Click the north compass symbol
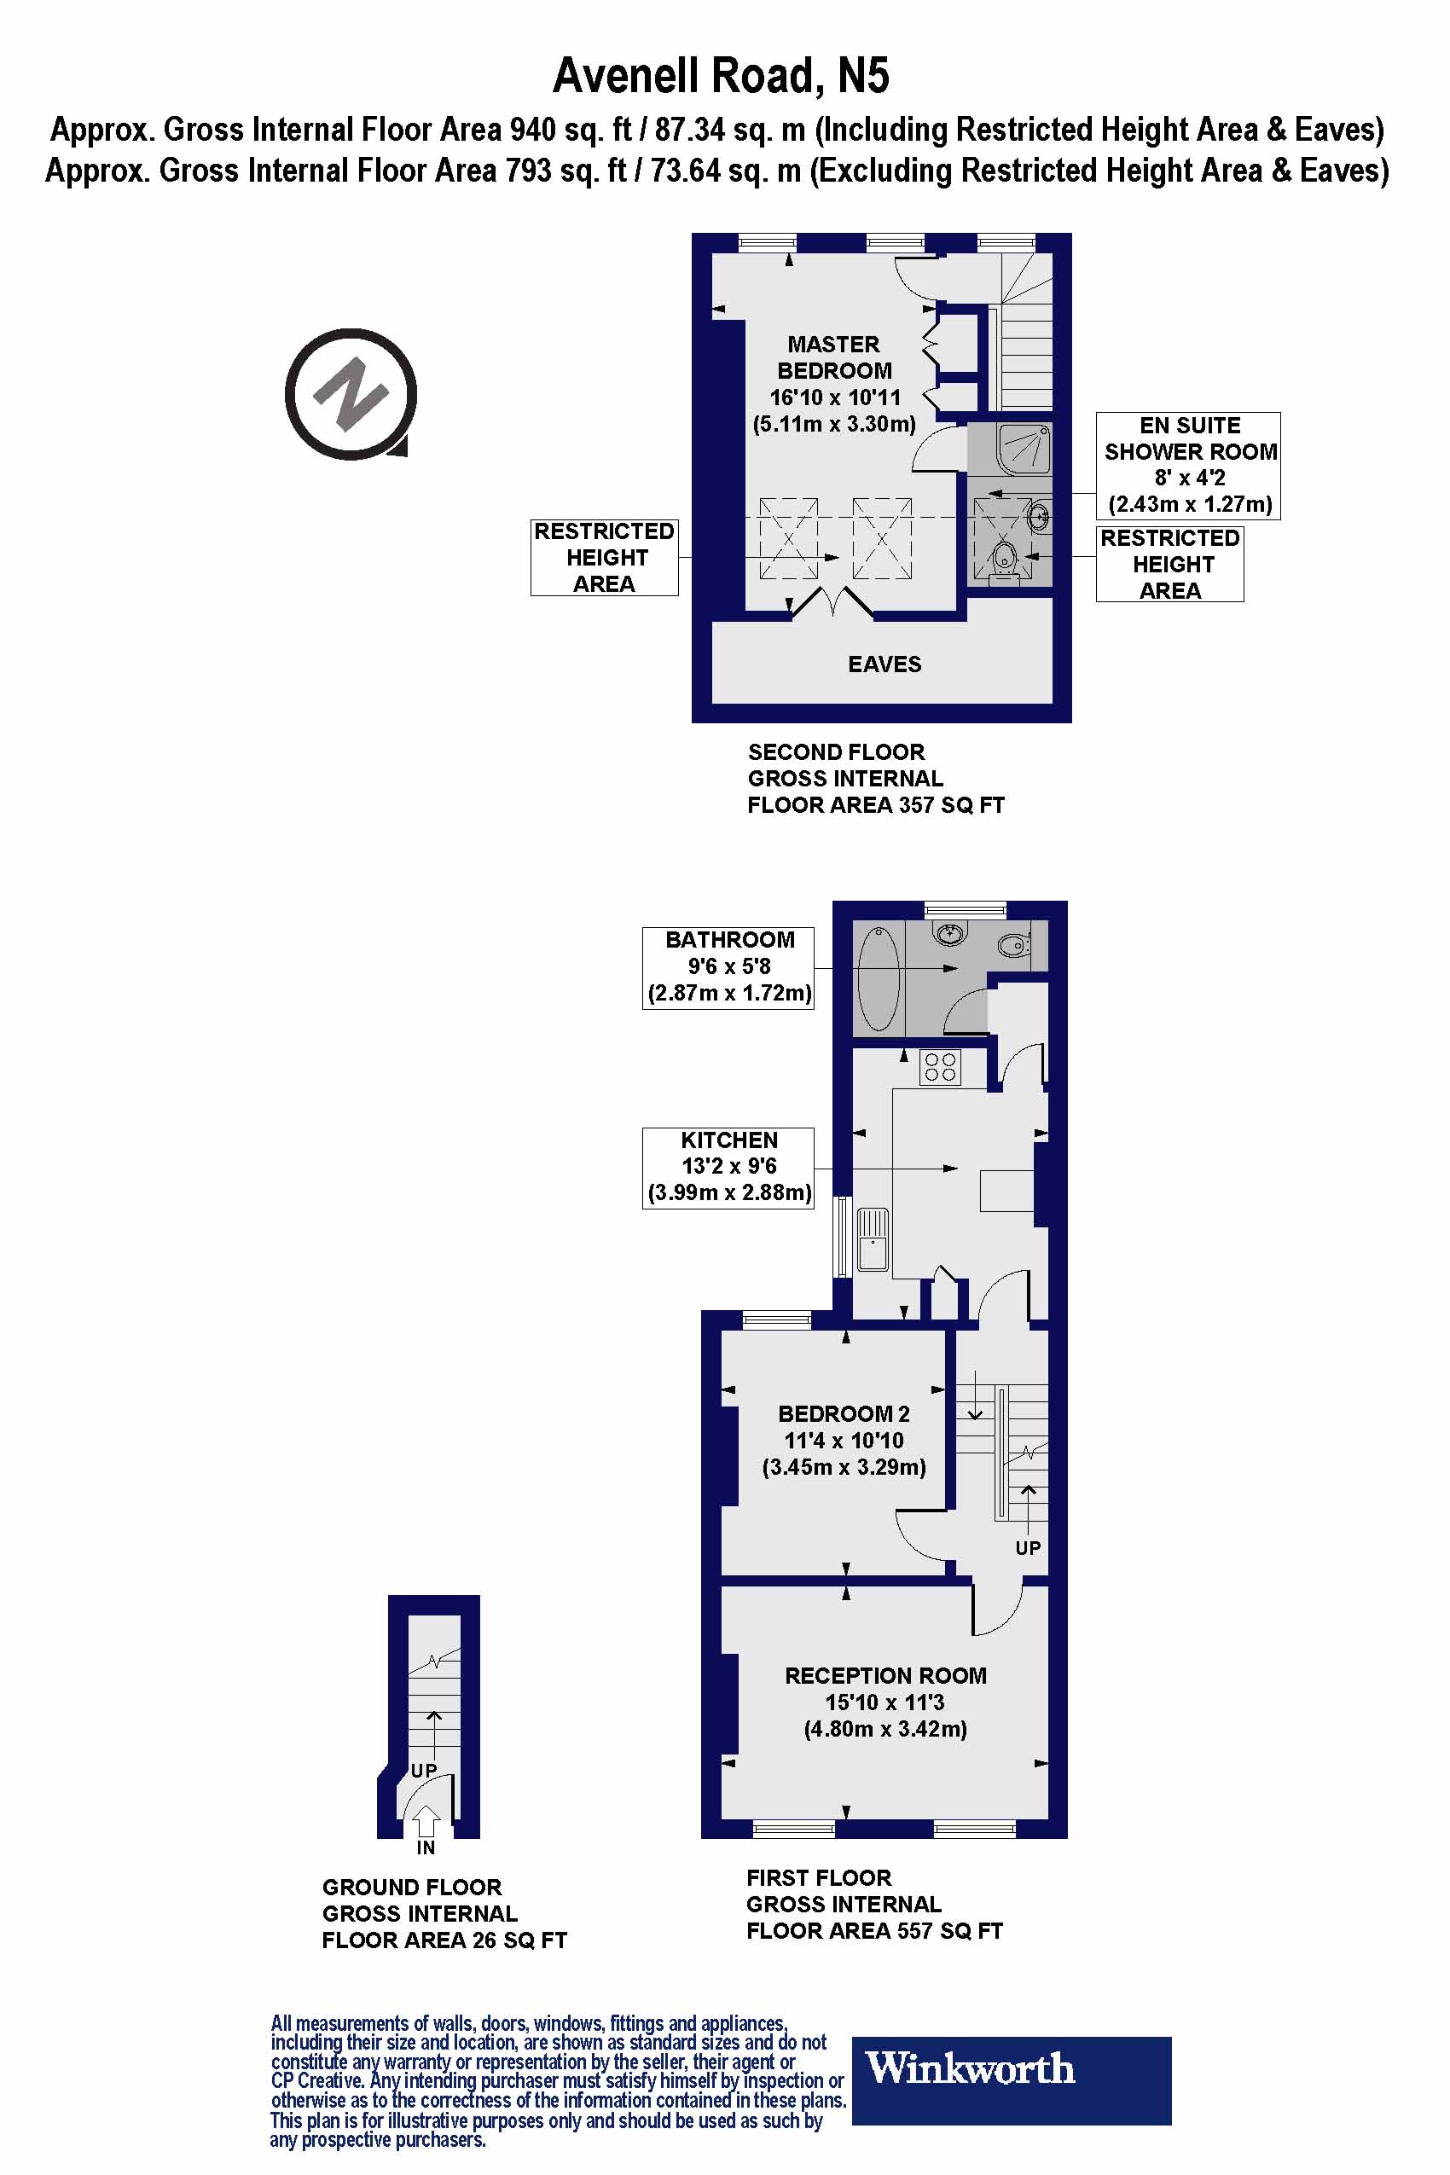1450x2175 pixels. (351, 394)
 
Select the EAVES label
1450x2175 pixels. (884, 664)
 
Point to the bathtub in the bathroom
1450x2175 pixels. (878, 978)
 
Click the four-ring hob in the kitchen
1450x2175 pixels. (940, 1066)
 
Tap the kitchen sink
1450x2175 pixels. (872, 1239)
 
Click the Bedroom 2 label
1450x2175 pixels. (844, 1414)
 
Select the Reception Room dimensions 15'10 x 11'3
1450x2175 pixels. (885, 1702)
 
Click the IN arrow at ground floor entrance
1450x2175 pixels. (426, 1822)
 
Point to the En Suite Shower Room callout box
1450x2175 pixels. (1187, 465)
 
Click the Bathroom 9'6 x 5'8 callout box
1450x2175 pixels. (728, 967)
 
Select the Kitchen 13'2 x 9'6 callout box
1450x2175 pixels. (728, 1167)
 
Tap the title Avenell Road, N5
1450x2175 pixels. (721, 76)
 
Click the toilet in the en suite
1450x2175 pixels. (1004, 560)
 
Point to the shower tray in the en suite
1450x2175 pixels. (1024, 448)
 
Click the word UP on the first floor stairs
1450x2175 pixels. (1028, 1547)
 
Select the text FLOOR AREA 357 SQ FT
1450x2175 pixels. (875, 804)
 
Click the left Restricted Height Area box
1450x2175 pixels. (605, 558)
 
